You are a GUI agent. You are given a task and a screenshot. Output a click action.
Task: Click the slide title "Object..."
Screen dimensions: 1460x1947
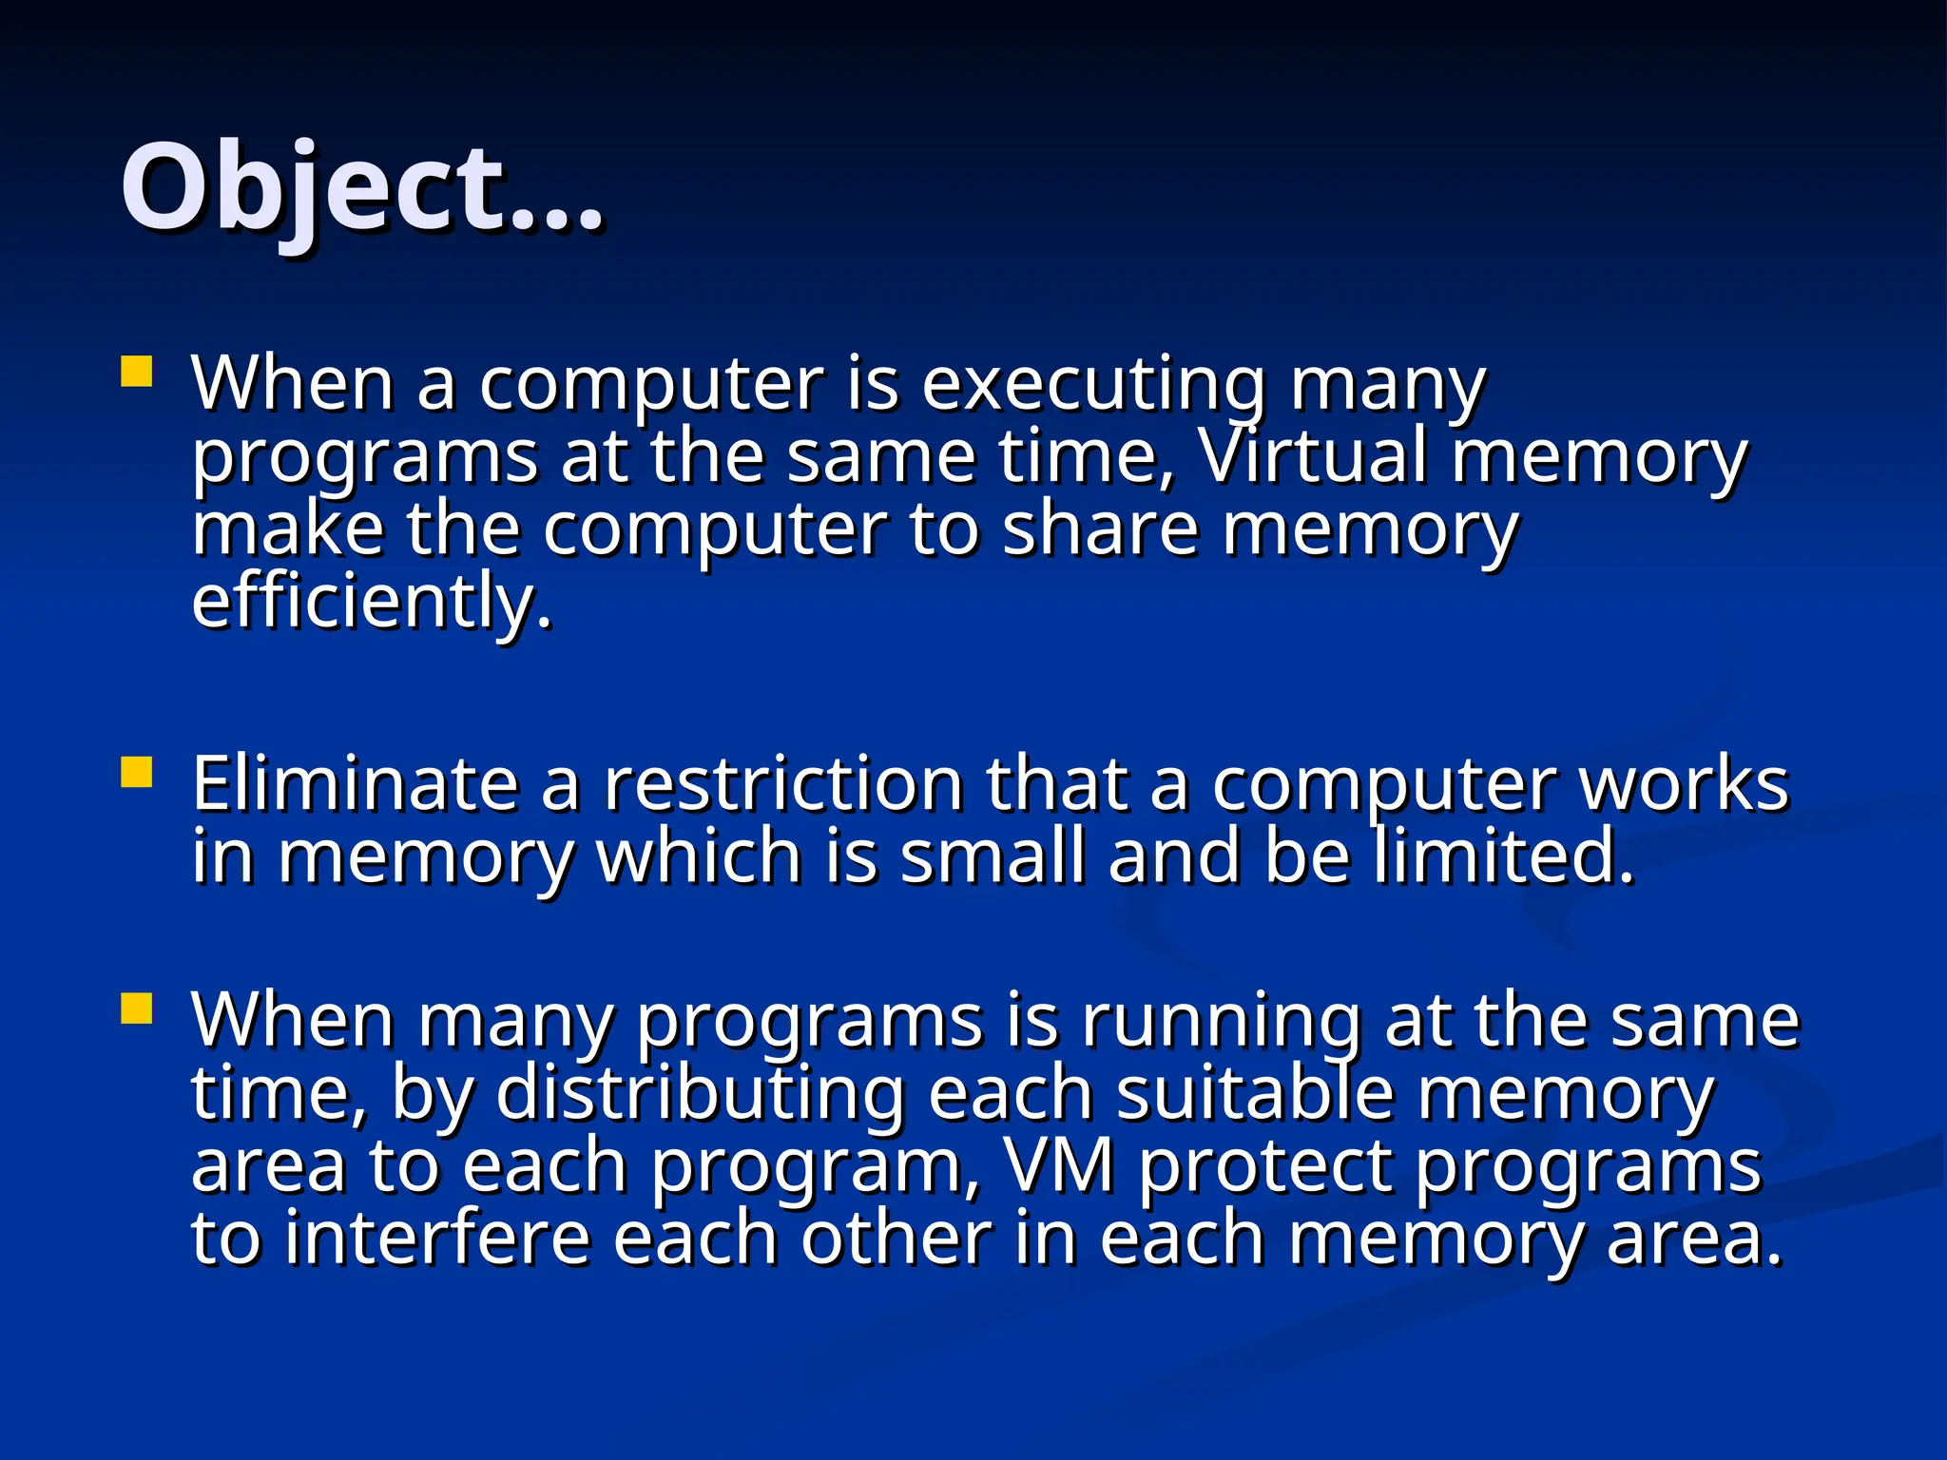click(x=361, y=186)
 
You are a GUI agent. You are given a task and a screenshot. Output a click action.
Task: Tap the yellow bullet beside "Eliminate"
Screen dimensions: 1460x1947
click(x=137, y=772)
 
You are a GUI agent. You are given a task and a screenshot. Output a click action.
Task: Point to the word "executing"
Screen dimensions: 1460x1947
click(x=1093, y=385)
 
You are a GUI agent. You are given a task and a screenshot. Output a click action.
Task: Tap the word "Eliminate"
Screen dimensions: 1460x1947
click(x=355, y=784)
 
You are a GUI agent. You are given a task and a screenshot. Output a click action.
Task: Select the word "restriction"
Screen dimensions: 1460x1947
click(x=783, y=784)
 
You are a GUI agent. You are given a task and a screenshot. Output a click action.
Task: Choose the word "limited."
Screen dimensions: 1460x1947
click(x=1503, y=856)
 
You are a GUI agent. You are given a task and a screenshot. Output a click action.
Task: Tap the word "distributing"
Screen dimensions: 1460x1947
click(x=700, y=1093)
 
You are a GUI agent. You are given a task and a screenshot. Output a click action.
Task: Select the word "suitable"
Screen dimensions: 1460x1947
click(x=1255, y=1093)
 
